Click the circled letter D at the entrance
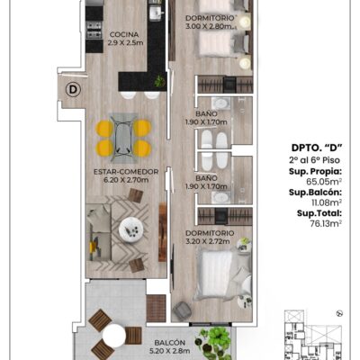[x=73, y=89]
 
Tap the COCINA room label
[x=124, y=34]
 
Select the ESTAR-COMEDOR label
[x=126, y=172]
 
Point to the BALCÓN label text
[x=169, y=343]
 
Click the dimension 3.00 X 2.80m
[x=210, y=26]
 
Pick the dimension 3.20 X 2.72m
[x=208, y=241]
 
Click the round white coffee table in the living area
[x=131, y=229]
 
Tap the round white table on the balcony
[x=114, y=336]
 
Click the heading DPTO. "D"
[x=317, y=148]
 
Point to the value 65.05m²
[x=324, y=182]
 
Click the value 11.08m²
[x=327, y=202]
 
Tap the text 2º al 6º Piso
[x=315, y=160]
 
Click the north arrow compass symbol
[x=340, y=313]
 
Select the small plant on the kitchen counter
[x=159, y=81]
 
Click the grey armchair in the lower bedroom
[x=182, y=310]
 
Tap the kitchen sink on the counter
[x=156, y=13]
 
